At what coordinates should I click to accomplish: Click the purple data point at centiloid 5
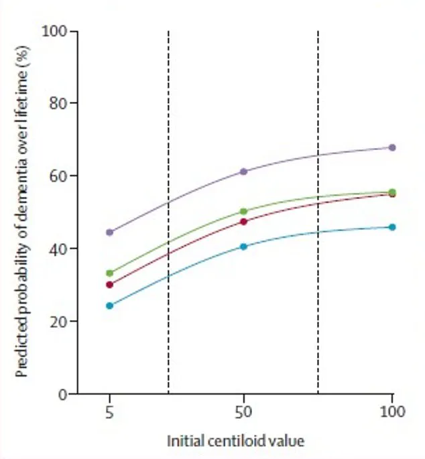pos(110,233)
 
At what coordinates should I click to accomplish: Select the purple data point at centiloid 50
pos(243,172)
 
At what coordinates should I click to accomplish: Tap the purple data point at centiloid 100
pos(392,147)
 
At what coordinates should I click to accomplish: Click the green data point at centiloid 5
pos(110,273)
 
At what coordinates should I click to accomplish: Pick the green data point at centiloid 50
pos(243,212)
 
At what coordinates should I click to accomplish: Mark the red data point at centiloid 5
pos(110,285)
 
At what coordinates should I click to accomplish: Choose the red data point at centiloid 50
pos(243,222)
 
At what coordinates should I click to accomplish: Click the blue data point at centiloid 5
pos(110,306)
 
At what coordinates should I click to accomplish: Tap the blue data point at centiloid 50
pos(243,247)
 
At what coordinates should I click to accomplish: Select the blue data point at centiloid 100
pos(392,227)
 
